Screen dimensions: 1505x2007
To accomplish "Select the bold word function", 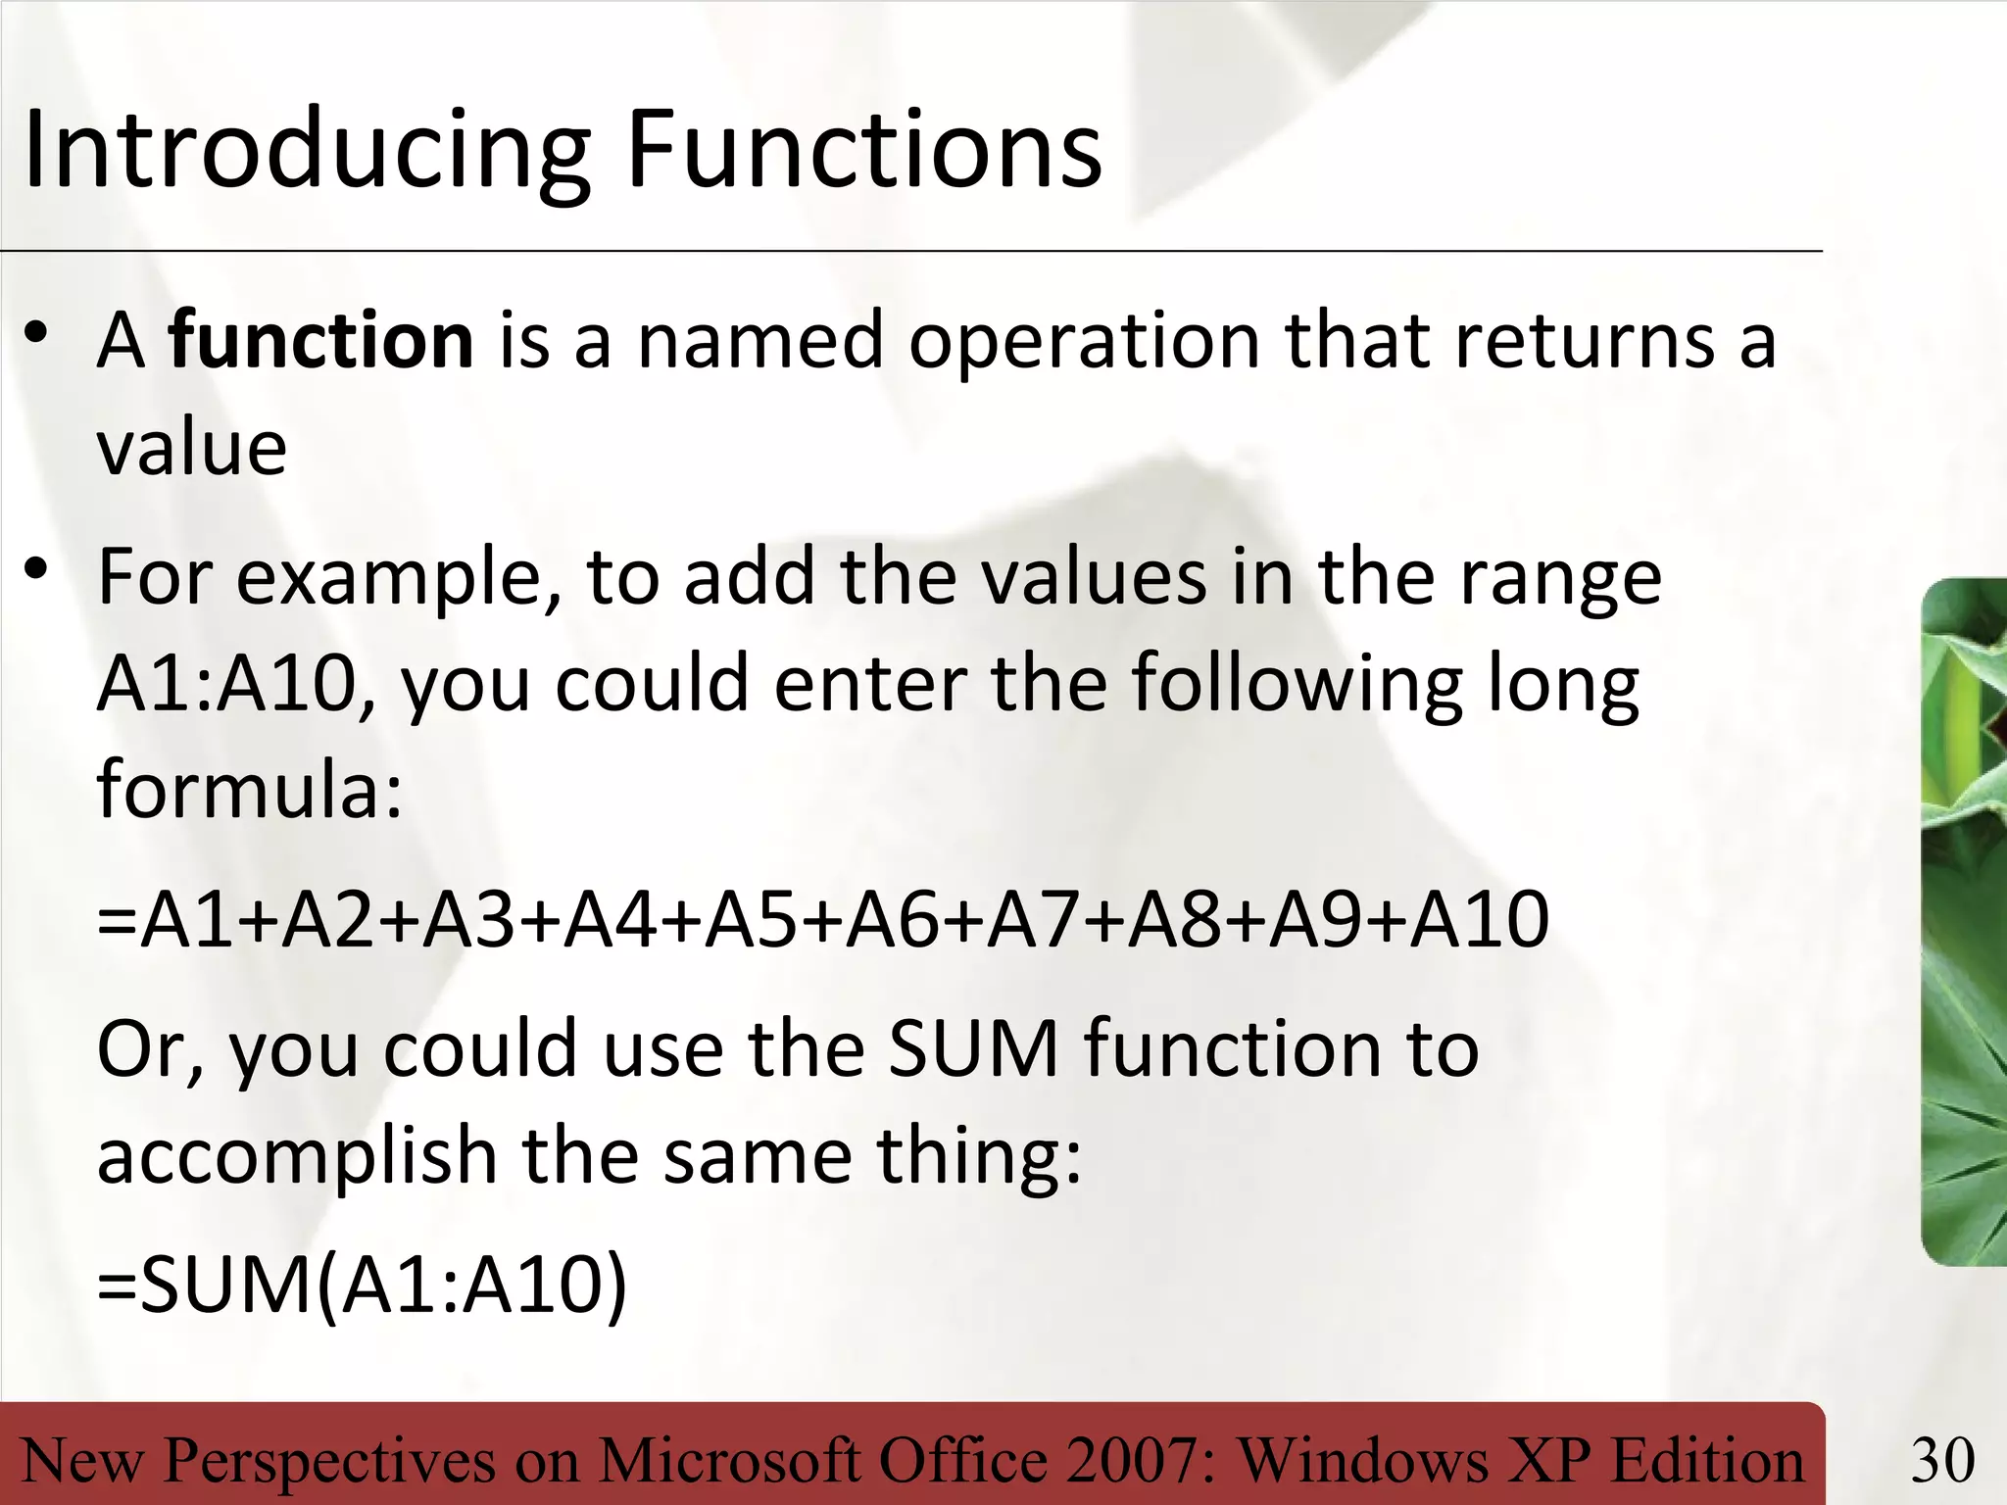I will [x=320, y=341].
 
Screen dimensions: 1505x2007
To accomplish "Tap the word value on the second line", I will [x=192, y=449].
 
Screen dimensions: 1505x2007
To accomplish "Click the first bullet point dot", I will [x=37, y=333].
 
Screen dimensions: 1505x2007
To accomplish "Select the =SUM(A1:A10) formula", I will [x=362, y=1286].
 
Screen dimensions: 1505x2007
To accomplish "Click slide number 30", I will [x=1942, y=1461].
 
